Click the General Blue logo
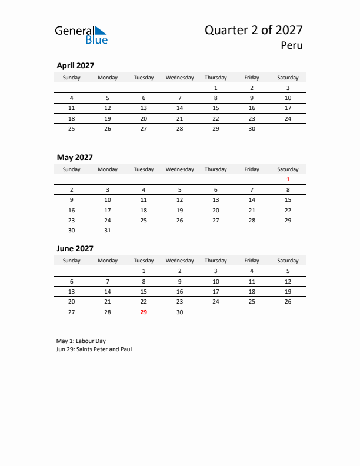tap(81, 34)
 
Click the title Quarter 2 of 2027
tap(254, 30)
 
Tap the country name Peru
tap(292, 45)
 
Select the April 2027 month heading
tap(75, 65)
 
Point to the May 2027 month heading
tap(74, 157)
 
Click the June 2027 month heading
tap(75, 248)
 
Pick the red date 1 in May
tap(288, 179)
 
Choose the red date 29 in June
tap(144, 312)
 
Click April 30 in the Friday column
tap(252, 128)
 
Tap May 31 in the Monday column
tap(108, 231)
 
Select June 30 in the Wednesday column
tap(179, 312)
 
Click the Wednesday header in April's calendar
tap(179, 78)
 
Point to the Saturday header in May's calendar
tap(288, 169)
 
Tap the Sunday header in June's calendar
tap(72, 261)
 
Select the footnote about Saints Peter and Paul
tap(94, 349)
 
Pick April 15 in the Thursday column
tap(215, 108)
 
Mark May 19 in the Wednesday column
tap(179, 210)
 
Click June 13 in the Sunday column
tap(72, 291)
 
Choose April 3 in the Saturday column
tap(288, 88)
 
